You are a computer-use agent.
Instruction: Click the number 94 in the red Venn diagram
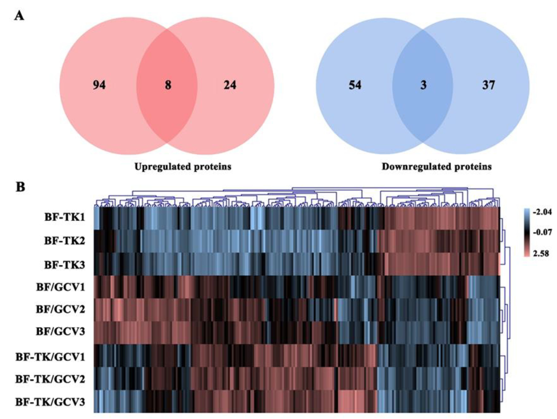[99, 85]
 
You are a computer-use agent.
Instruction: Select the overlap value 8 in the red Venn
[168, 85]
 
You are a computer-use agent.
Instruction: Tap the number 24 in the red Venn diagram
[230, 85]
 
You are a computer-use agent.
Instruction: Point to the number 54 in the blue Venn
[355, 85]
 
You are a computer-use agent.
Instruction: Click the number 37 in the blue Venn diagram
[488, 85]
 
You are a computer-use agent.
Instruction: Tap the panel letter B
[20, 187]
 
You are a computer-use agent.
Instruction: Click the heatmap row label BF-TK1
[65, 217]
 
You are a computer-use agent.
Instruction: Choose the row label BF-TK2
[65, 241]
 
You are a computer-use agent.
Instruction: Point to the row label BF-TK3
[65, 265]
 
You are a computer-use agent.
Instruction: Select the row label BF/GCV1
[60, 287]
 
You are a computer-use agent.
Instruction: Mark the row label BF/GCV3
[60, 331]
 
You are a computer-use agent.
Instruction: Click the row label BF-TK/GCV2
[50, 379]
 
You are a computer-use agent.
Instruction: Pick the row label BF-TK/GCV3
[50, 402]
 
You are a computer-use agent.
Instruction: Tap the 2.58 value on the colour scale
[540, 253]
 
